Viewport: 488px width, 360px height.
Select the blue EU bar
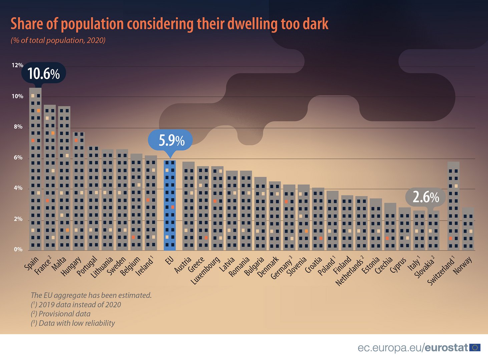point(170,205)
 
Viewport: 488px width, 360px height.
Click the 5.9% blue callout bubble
point(171,140)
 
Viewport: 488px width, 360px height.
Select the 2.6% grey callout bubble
point(426,197)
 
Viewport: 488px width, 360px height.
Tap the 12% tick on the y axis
point(17,65)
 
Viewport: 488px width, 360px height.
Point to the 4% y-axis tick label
point(18,188)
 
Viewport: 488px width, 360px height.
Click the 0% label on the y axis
point(18,250)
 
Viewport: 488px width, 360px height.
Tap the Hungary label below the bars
point(71,267)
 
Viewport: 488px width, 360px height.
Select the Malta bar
point(64,178)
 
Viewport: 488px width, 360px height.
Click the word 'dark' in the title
point(316,24)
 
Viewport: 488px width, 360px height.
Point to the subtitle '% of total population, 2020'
point(58,41)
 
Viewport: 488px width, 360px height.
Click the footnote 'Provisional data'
point(64,314)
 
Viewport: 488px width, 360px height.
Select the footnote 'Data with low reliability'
point(76,323)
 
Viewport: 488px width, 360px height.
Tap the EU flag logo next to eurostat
point(475,348)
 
